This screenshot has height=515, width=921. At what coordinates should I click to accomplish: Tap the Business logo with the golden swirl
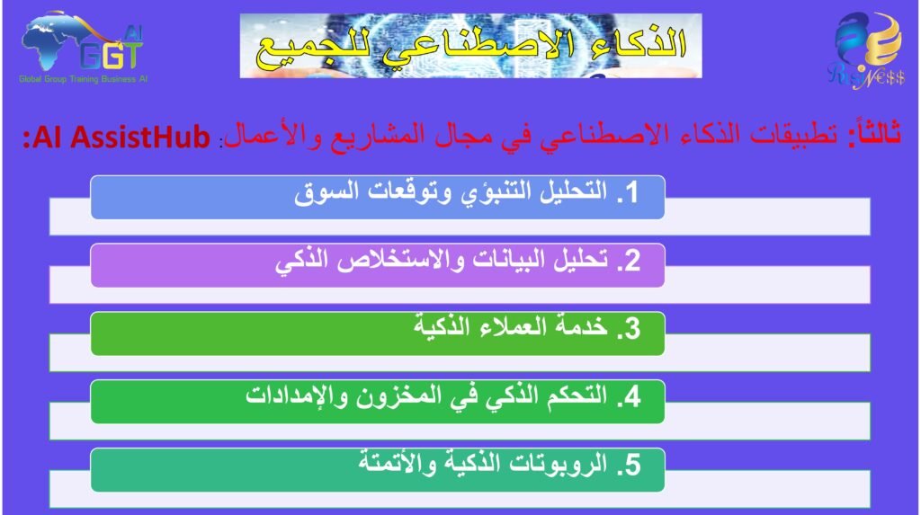point(867,51)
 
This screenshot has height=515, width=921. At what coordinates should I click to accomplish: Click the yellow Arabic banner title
point(471,46)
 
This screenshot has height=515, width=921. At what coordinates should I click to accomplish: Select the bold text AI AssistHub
point(116,137)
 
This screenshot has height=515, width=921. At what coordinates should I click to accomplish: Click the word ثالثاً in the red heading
point(874,133)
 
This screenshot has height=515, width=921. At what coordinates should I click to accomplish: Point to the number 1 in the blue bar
point(631,192)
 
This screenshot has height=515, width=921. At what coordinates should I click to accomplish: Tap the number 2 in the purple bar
point(631,261)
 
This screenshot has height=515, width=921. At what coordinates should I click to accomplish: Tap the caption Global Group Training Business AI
point(83,79)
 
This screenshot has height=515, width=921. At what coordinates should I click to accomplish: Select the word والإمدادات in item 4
point(296,396)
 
